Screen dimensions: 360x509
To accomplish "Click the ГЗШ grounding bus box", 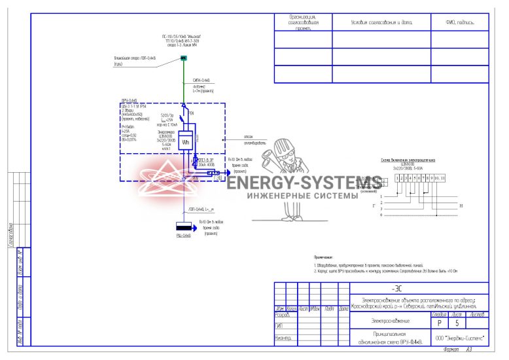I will pos(218,177).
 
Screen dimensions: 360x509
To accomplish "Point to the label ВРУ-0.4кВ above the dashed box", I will pos(130,100).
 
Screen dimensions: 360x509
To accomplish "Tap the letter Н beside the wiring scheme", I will pos(461,206).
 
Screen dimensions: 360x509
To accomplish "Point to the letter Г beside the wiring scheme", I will pos(374,206).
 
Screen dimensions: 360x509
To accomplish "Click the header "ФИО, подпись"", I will pos(459,22).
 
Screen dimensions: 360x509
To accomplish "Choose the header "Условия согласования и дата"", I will pos(381,22).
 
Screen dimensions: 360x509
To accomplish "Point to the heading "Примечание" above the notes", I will pos(324,258).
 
